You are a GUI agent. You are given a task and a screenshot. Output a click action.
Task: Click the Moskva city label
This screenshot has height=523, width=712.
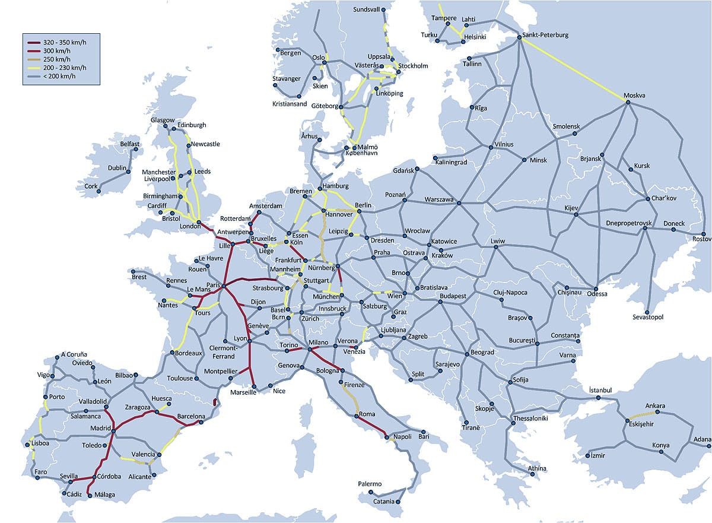click(x=634, y=96)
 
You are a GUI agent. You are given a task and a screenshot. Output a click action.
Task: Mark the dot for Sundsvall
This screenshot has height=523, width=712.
click(x=383, y=10)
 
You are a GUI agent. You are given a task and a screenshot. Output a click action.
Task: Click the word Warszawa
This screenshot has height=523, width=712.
click(x=439, y=199)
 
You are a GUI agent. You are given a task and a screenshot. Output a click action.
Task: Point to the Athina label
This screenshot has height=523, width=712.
click(x=538, y=469)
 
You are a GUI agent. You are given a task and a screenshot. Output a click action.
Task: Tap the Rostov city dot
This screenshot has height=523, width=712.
click(x=704, y=234)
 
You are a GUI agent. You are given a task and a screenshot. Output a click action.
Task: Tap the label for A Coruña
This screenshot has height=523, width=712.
click(x=74, y=355)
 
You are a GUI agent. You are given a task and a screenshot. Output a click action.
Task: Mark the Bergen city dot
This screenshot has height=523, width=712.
click(x=275, y=52)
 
